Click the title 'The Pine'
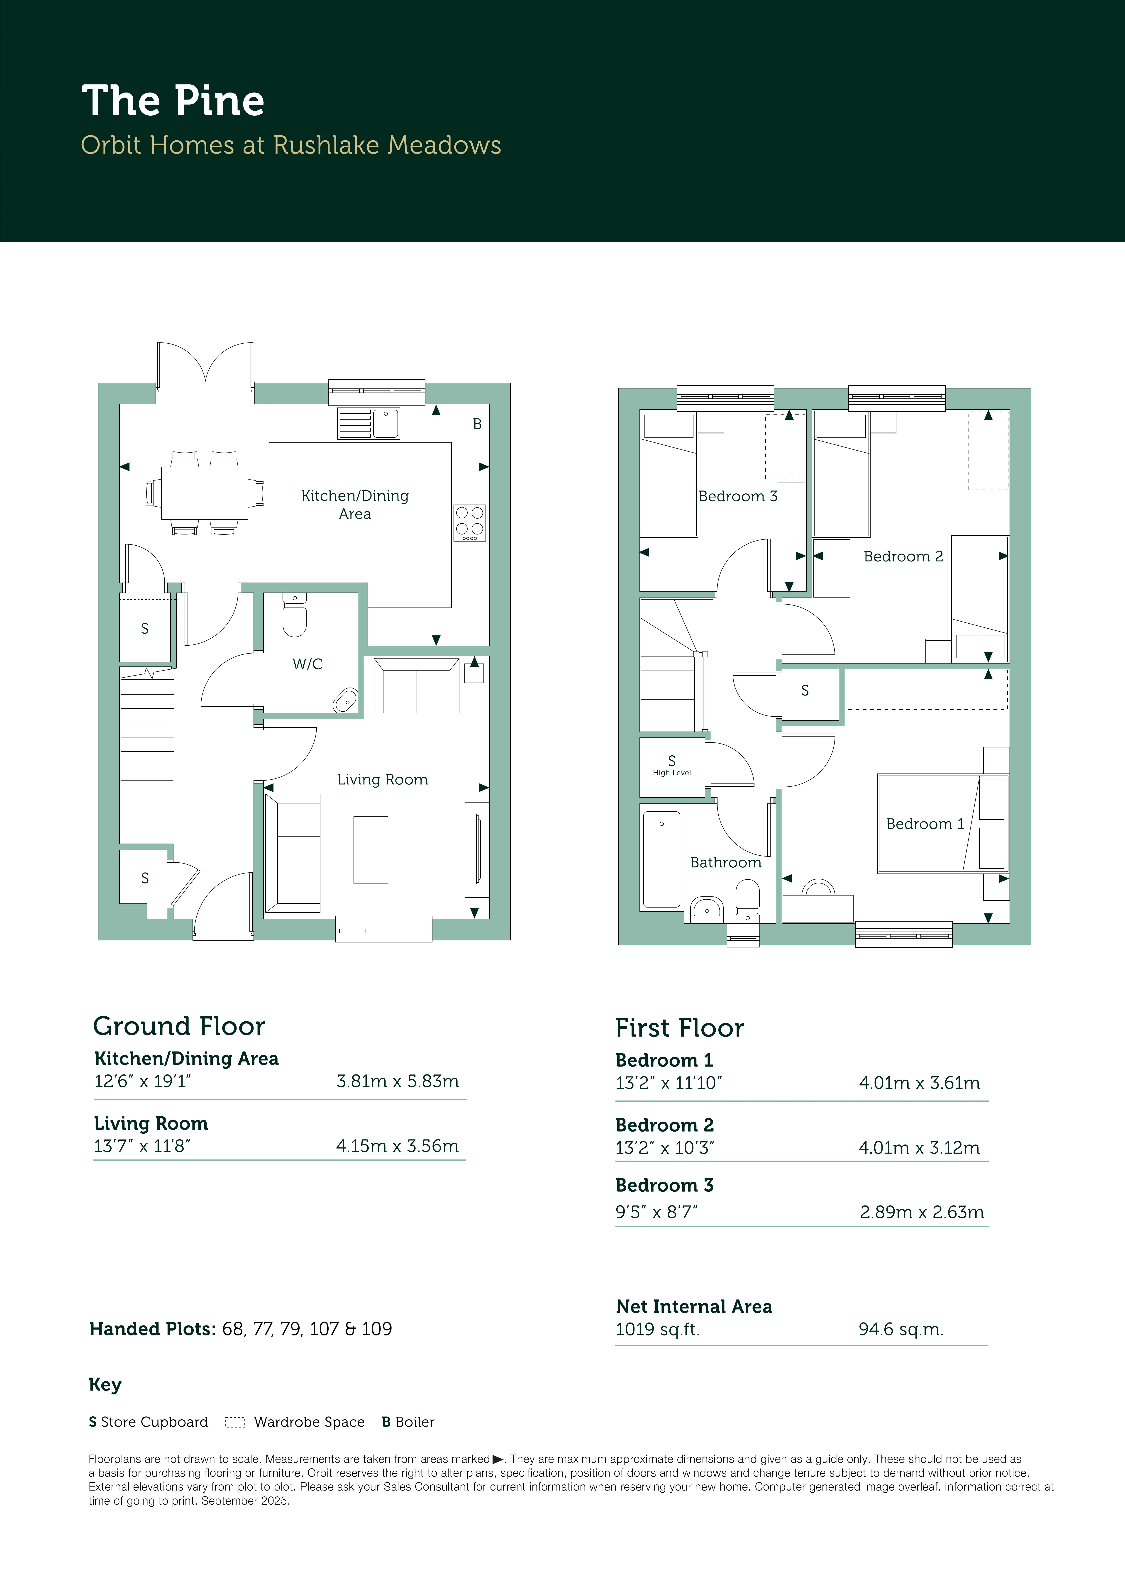point(173,101)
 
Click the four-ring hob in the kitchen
point(469,522)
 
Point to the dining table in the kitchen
point(205,493)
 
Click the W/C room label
point(308,664)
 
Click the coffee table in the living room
point(371,849)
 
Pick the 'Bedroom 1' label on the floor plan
point(925,824)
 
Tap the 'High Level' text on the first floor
point(672,773)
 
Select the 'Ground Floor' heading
point(179,1026)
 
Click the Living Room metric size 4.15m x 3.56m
point(397,1146)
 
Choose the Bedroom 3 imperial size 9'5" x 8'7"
point(656,1212)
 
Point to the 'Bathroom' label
point(726,863)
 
